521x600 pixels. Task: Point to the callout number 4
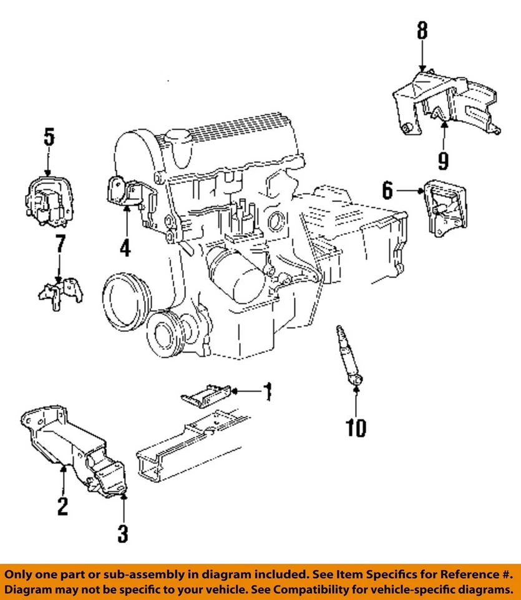pyautogui.click(x=125, y=247)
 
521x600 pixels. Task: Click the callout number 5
pyautogui.click(x=49, y=137)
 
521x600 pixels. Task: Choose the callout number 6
pyautogui.click(x=387, y=190)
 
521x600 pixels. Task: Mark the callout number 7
pyautogui.click(x=59, y=244)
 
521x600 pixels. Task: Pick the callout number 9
pyautogui.click(x=443, y=161)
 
